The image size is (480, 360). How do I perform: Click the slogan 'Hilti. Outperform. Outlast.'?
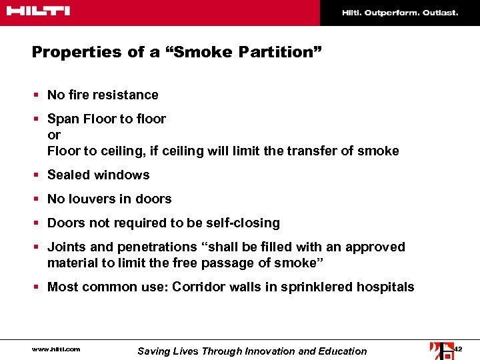400,13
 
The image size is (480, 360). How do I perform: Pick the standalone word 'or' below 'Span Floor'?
54,135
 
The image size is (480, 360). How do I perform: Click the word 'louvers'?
91,199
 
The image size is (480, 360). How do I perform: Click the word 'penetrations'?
154,247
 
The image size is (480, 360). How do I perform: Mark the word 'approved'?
377,247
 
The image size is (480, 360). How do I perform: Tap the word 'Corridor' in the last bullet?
198,287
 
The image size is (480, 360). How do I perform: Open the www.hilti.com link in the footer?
56,349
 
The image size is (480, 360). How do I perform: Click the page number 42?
457,349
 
